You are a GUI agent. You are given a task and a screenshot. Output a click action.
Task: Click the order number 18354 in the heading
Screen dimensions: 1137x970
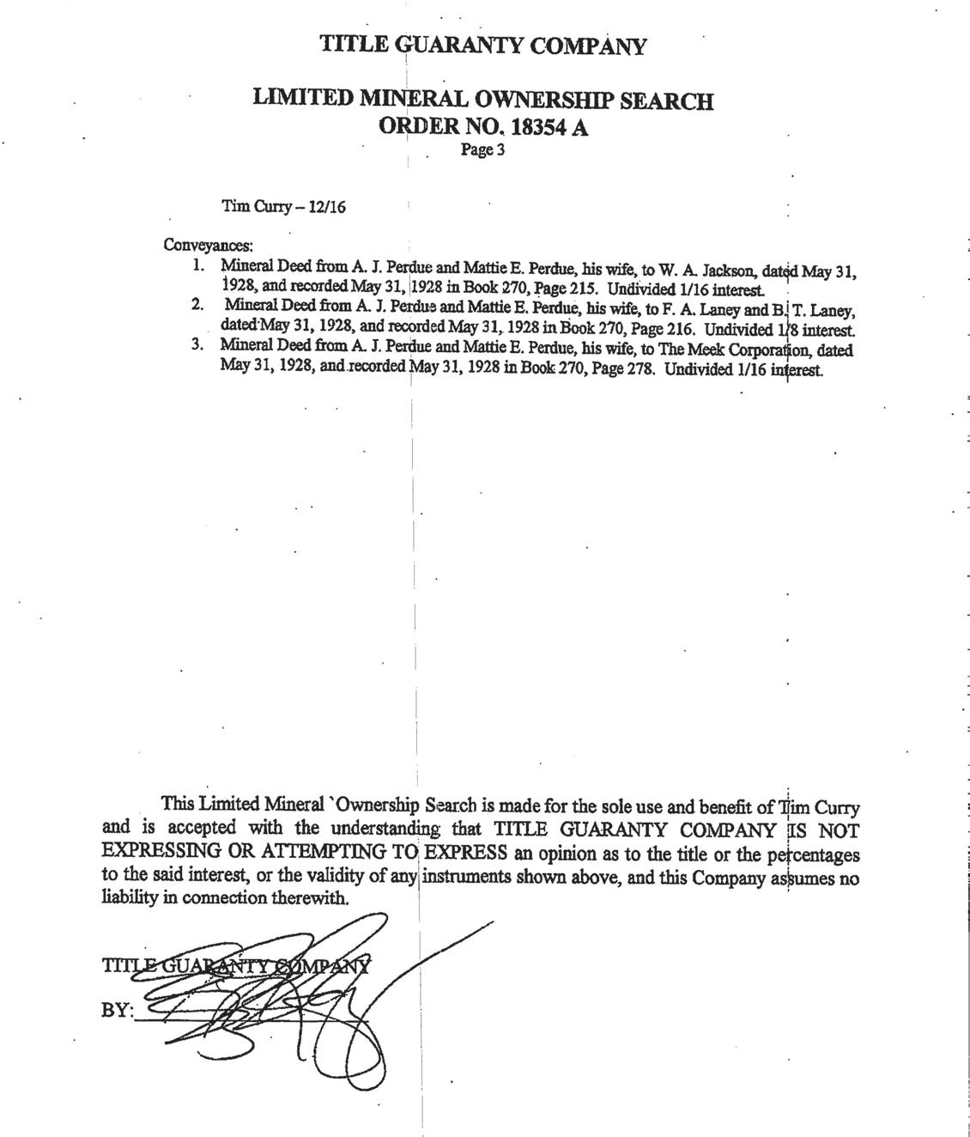tap(538, 127)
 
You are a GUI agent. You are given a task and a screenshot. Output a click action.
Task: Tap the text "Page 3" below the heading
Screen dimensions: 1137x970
tap(482, 150)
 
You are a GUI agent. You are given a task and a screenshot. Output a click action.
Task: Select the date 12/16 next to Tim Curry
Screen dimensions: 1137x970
tap(330, 207)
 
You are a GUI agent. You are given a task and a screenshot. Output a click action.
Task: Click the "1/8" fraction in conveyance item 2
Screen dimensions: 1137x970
tap(784, 330)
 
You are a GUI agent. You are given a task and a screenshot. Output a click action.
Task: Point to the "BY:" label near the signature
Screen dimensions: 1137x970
tap(117, 1011)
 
